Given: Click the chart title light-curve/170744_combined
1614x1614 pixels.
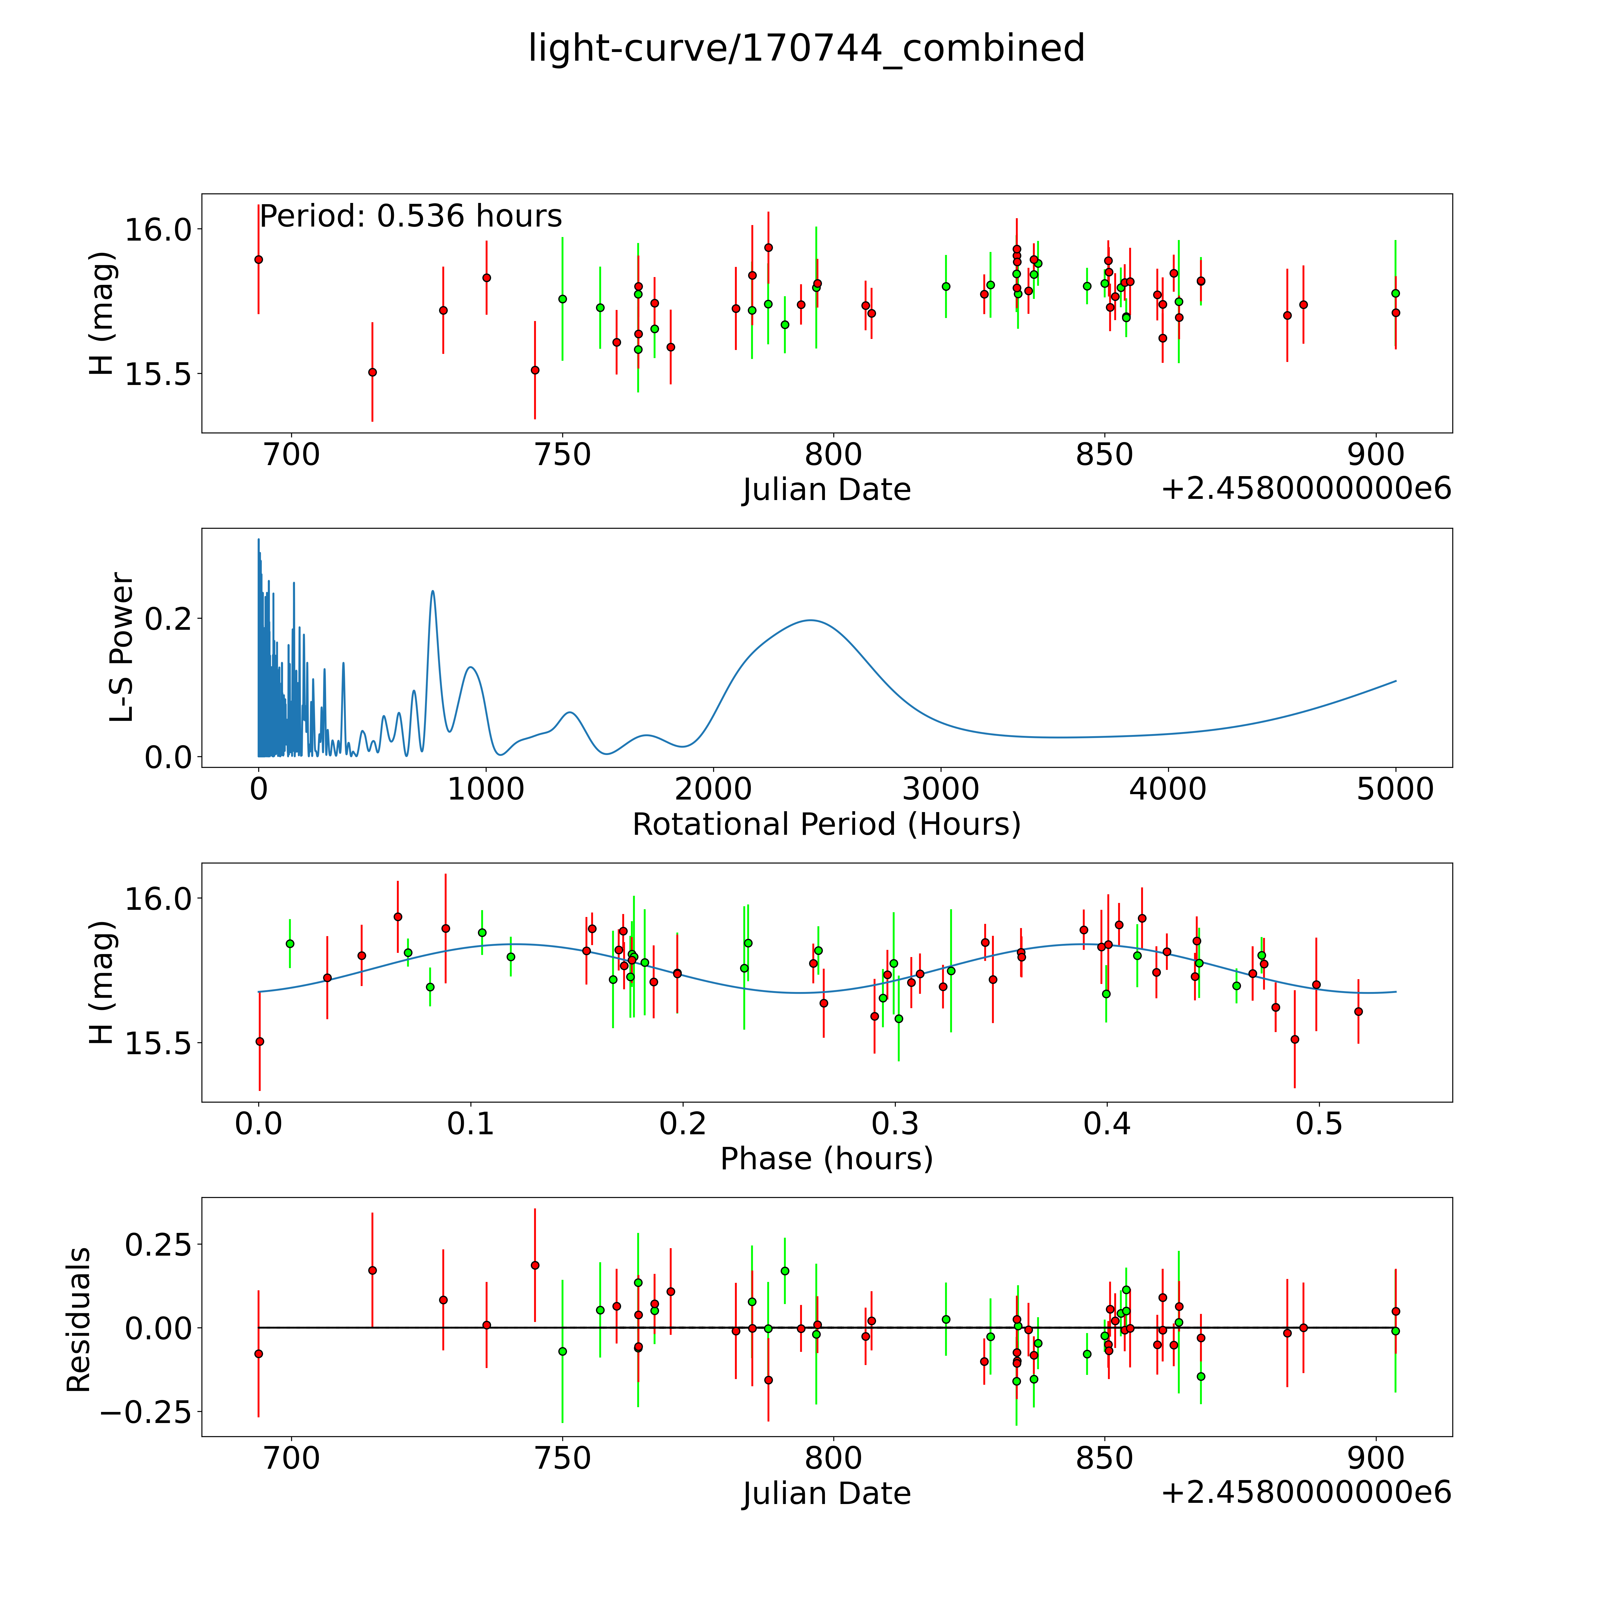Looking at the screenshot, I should coord(806,48).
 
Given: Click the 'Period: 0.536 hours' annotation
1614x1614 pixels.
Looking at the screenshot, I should coord(410,216).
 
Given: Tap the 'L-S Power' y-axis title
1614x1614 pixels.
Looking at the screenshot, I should coord(122,647).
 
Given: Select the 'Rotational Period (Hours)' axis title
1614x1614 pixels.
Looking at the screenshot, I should coord(826,825).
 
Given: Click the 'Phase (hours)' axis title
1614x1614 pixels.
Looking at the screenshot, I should coord(826,1159).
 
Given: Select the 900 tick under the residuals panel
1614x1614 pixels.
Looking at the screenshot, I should coord(1376,1459).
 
